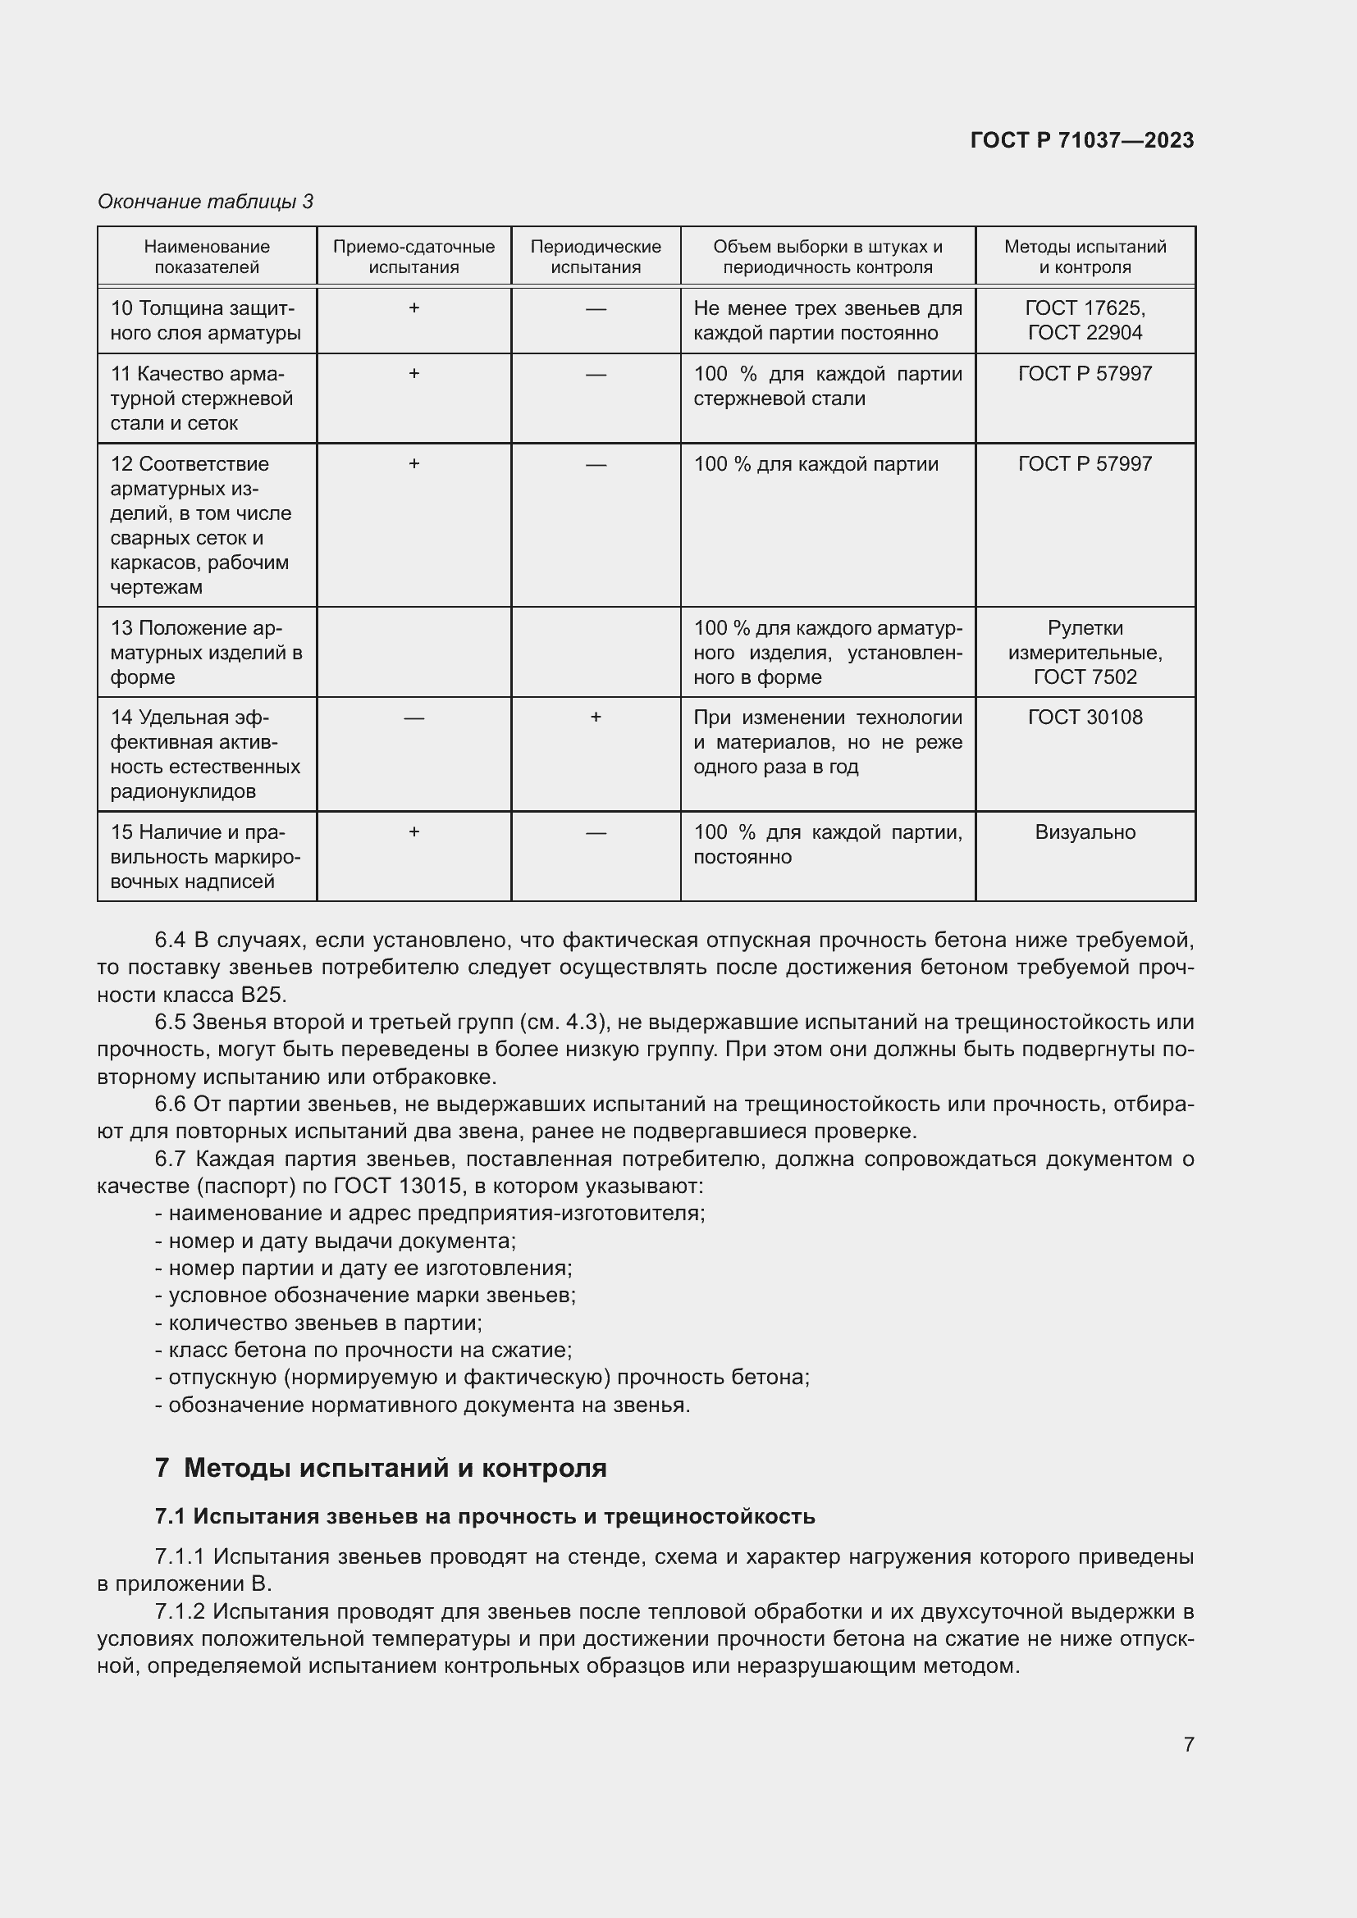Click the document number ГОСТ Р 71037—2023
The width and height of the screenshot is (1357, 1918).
pyautogui.click(x=1081, y=140)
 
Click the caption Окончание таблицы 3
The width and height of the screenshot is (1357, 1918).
pyautogui.click(x=206, y=202)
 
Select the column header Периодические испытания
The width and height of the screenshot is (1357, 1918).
pyautogui.click(x=595, y=257)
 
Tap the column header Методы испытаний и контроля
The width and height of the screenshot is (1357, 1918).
pyautogui.click(x=1085, y=257)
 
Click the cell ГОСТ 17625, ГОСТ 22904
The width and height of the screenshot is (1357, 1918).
pyautogui.click(x=1085, y=320)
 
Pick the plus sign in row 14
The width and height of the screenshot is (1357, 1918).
pyautogui.click(x=595, y=717)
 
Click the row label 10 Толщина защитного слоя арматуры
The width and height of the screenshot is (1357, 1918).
pyautogui.click(x=206, y=320)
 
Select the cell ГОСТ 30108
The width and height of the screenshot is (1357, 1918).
pyautogui.click(x=1085, y=717)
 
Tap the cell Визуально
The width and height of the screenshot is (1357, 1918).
pyautogui.click(x=1085, y=832)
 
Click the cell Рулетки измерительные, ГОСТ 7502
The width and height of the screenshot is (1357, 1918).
pyautogui.click(x=1085, y=652)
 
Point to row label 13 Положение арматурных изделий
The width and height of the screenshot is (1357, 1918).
pyautogui.click(x=206, y=652)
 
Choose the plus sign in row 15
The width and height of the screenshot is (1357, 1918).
pyautogui.click(x=413, y=832)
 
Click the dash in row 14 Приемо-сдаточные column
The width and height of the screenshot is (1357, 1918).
pyautogui.click(x=413, y=718)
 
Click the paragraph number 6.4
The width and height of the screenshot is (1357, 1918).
pyautogui.click(x=170, y=941)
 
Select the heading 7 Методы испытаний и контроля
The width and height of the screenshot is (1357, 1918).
pyautogui.click(x=381, y=1468)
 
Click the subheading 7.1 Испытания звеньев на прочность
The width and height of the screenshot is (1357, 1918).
pyautogui.click(x=485, y=1516)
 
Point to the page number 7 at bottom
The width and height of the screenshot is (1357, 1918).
pyautogui.click(x=1188, y=1744)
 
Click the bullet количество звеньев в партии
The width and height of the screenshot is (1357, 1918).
pyautogui.click(x=319, y=1323)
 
